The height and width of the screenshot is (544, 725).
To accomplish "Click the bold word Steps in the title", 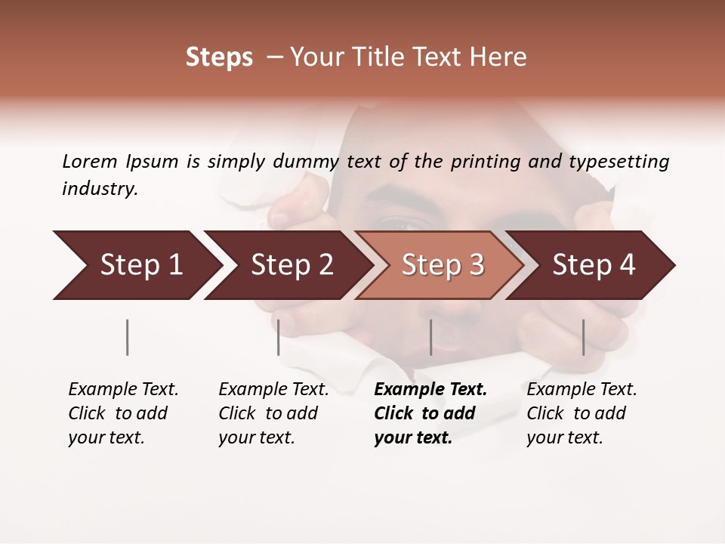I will click(x=219, y=57).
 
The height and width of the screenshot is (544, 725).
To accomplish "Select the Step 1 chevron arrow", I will click(x=136, y=265).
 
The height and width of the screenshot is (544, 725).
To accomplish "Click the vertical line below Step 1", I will click(x=127, y=337).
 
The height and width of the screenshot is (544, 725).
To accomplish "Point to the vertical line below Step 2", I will click(x=279, y=337).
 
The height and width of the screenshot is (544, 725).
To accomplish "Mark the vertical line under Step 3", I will click(x=430, y=337).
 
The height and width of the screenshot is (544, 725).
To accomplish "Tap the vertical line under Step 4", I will click(x=583, y=337).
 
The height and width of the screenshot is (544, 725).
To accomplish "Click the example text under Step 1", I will click(x=123, y=413).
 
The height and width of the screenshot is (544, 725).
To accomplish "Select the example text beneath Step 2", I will click(x=273, y=413).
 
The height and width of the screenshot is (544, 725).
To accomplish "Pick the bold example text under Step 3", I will click(x=430, y=413).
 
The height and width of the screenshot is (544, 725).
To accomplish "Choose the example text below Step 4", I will click(x=582, y=413).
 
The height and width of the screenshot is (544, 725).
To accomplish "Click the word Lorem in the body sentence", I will click(x=89, y=162).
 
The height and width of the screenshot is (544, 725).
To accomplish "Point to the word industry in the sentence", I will click(x=99, y=189).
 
